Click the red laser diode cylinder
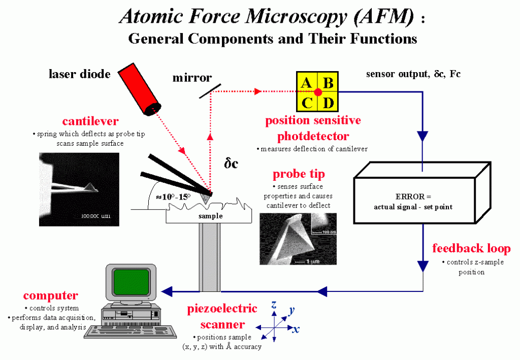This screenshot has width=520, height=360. click(x=140, y=89)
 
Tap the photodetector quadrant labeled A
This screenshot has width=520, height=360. click(x=307, y=82)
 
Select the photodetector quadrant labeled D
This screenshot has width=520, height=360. click(x=328, y=102)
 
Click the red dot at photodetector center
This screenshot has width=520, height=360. click(x=318, y=92)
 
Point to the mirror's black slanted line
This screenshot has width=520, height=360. click(x=210, y=91)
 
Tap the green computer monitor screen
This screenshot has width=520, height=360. click(x=131, y=282)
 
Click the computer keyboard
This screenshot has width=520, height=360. click(x=131, y=332)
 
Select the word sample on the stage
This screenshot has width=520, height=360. click(x=211, y=216)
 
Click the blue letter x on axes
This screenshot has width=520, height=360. click(x=296, y=329)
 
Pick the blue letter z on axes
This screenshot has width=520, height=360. click(x=274, y=304)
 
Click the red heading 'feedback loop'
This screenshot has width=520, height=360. click(x=471, y=248)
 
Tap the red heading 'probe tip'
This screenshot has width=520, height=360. click(x=299, y=174)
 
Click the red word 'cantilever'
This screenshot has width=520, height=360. click(x=90, y=121)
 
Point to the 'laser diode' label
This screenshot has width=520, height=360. click(x=80, y=74)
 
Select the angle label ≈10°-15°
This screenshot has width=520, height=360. click(x=174, y=197)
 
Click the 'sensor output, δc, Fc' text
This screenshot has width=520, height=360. click(x=413, y=74)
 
